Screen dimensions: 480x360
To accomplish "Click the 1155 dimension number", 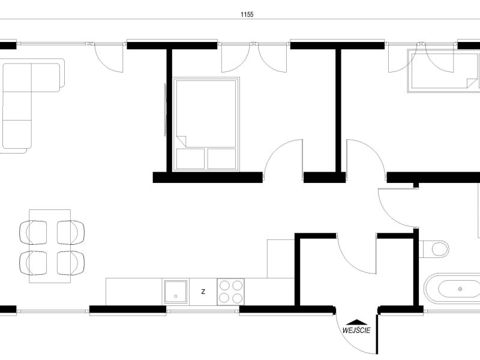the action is [247, 14].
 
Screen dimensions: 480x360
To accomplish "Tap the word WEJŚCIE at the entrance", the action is [356, 331].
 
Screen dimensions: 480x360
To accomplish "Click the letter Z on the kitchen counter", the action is [203, 292].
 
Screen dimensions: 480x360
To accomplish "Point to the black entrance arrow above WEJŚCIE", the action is [356, 322].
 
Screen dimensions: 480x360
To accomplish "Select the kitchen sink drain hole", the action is [176, 296].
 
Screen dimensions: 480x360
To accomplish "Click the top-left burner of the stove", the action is [224, 286].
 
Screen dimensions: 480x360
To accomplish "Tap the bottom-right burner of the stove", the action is [237, 298].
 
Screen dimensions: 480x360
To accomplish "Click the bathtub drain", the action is [460, 289].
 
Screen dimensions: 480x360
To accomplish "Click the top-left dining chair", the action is [33, 232].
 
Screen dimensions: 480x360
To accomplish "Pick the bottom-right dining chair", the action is [71, 263].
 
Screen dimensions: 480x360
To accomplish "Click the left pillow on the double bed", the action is [190, 158].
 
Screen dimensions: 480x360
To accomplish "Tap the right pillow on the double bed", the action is [221, 158].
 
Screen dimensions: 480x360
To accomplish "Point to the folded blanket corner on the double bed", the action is [182, 140].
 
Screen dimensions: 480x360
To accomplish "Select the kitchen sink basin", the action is [175, 292].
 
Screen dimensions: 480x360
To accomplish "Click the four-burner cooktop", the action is [231, 292].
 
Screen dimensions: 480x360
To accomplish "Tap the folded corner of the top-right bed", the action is [472, 83].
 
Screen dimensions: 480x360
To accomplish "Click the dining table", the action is [50, 246].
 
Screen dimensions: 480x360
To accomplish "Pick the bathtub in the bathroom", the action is [452, 289].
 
